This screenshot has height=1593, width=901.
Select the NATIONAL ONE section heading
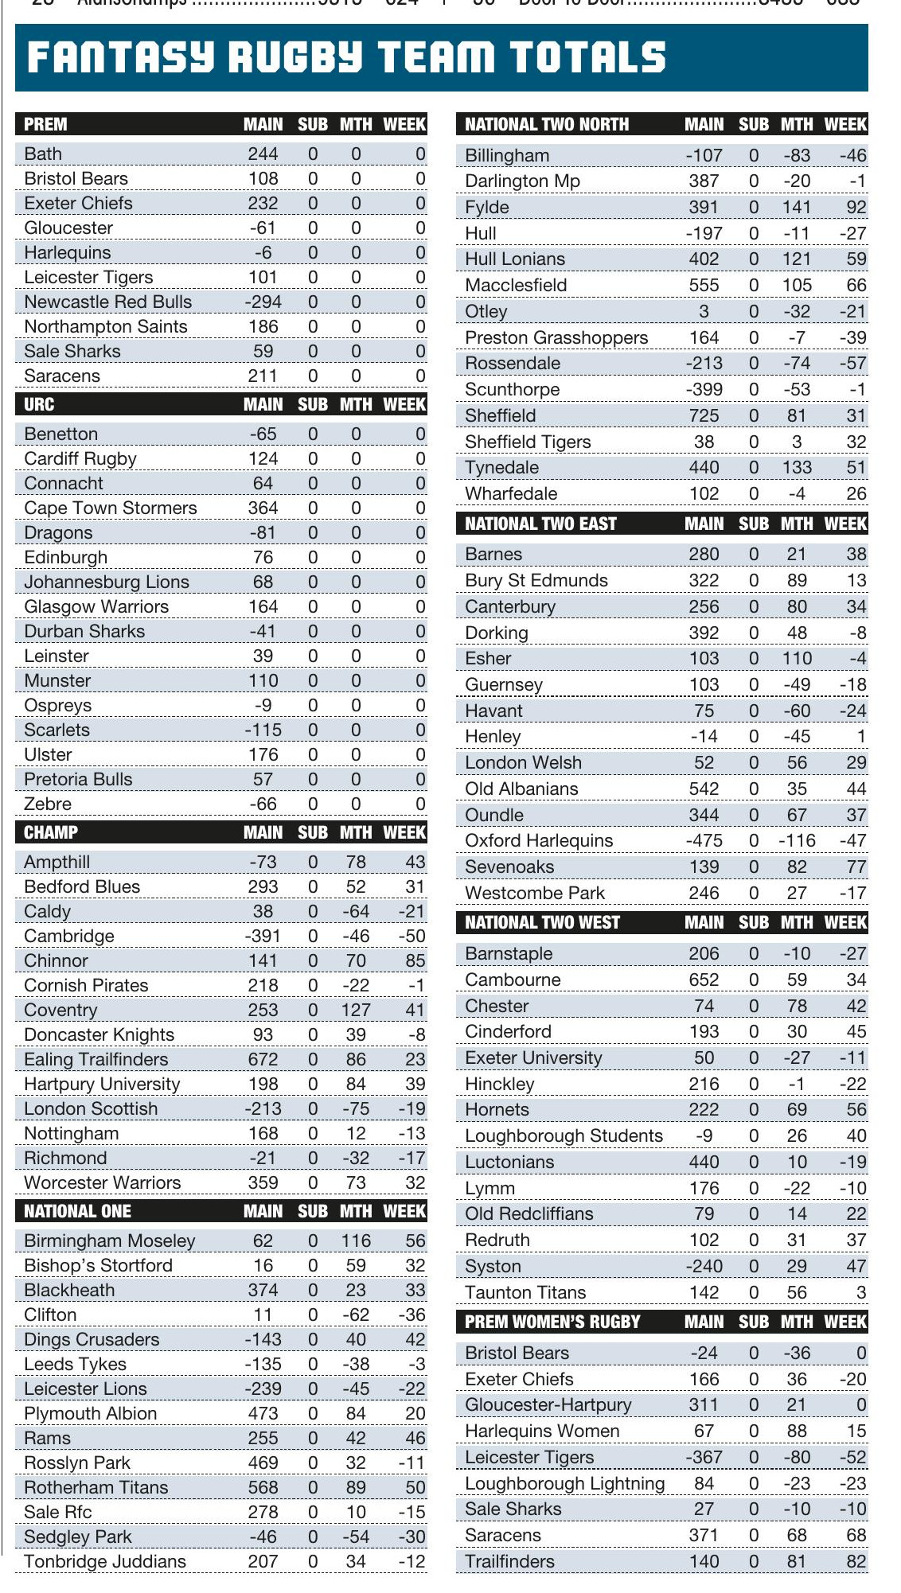(77, 1211)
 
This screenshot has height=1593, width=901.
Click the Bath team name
(43, 154)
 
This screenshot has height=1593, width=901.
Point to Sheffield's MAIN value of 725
(704, 415)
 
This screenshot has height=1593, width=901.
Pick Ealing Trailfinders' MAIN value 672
(263, 1059)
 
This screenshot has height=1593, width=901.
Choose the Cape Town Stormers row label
(110, 508)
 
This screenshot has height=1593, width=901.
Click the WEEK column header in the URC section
(404, 404)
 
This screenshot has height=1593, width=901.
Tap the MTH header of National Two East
(797, 524)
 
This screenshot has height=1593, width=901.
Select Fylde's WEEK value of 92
(856, 207)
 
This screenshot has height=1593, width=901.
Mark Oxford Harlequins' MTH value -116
(797, 840)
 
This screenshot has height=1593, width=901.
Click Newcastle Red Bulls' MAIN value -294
(263, 302)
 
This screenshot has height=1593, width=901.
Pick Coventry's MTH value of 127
(356, 1010)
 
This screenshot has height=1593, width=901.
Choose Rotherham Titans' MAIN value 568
(263, 1487)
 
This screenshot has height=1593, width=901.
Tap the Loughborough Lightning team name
(564, 1483)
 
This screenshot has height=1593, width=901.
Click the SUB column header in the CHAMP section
(313, 832)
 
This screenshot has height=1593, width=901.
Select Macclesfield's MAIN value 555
(704, 285)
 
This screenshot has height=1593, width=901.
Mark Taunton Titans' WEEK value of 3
(861, 1292)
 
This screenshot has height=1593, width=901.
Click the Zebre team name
(48, 804)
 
